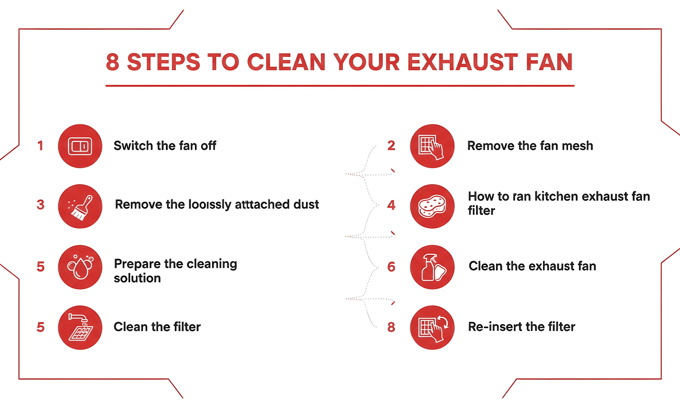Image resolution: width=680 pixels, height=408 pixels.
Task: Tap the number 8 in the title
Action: (x=112, y=62)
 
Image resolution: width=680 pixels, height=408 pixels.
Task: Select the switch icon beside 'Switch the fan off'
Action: (x=80, y=146)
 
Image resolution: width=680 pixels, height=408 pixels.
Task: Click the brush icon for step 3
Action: (x=80, y=207)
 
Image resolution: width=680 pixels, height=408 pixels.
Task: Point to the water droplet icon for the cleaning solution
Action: (x=80, y=267)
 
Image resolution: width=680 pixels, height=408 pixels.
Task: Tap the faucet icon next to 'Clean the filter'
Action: (x=80, y=327)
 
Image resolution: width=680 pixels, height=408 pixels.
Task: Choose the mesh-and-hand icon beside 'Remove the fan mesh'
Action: (x=432, y=146)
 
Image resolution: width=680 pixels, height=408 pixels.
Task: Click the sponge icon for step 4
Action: (x=432, y=207)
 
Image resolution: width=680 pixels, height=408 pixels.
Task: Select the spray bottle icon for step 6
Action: (x=432, y=267)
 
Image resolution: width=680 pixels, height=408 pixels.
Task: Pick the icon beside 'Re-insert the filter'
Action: (x=432, y=327)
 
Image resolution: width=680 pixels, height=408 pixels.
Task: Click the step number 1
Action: (x=40, y=146)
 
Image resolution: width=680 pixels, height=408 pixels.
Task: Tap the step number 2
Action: (x=391, y=146)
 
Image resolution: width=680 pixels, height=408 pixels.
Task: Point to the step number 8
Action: (x=391, y=327)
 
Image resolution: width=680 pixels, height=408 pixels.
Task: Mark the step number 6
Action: (x=391, y=267)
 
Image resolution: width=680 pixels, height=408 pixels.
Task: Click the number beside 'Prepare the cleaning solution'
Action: (x=40, y=267)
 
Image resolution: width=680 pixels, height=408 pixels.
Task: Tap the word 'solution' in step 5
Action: (x=137, y=278)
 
